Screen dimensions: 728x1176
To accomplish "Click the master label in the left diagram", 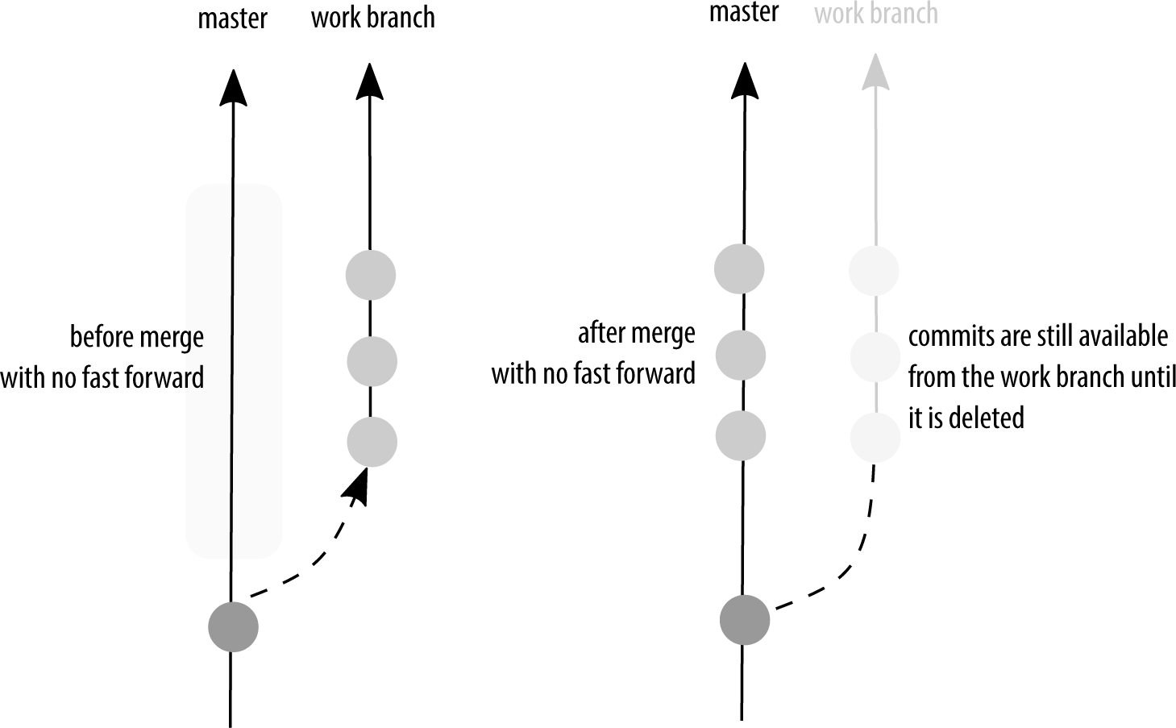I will pyautogui.click(x=232, y=19).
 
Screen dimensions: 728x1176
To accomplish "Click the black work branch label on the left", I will pyautogui.click(x=372, y=19).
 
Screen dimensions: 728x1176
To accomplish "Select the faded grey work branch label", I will pyautogui.click(x=876, y=14).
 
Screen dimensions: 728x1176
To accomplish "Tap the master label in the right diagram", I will pyautogui.click(x=744, y=13).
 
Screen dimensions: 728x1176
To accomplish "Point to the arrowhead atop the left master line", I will pyautogui.click(x=233, y=87).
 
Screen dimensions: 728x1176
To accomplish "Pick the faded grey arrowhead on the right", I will pyautogui.click(x=875, y=72).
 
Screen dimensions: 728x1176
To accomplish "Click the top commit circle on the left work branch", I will pyautogui.click(x=371, y=275).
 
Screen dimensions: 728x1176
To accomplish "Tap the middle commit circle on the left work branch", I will pyautogui.click(x=372, y=360).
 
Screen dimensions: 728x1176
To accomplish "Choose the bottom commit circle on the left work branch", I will pyautogui.click(x=372, y=442).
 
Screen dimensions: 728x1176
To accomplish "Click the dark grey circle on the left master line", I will pyautogui.click(x=233, y=626).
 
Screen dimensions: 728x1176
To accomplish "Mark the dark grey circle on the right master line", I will pyautogui.click(x=745, y=620).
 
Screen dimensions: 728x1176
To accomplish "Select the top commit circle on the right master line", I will pyautogui.click(x=739, y=268).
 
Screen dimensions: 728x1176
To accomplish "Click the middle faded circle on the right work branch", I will pyautogui.click(x=875, y=356).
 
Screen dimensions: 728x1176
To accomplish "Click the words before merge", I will pyautogui.click(x=137, y=337).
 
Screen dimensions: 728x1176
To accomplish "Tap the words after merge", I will pyautogui.click(x=636, y=333).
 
